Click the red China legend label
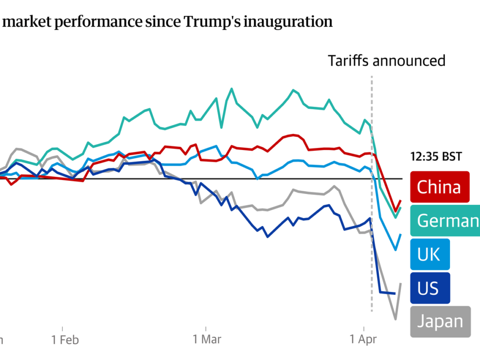click(439, 187)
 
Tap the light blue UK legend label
click(429, 254)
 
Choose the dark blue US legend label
click(429, 288)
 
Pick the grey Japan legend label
click(440, 322)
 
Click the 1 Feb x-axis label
click(65, 339)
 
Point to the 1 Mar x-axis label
click(206, 339)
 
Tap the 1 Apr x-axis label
click(364, 339)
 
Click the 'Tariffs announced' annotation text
click(386, 61)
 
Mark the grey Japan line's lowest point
click(396, 319)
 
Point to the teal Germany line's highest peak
click(232, 89)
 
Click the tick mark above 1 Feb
click(62, 326)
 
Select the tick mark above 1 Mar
click(206, 326)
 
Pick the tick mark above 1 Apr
click(364, 326)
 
